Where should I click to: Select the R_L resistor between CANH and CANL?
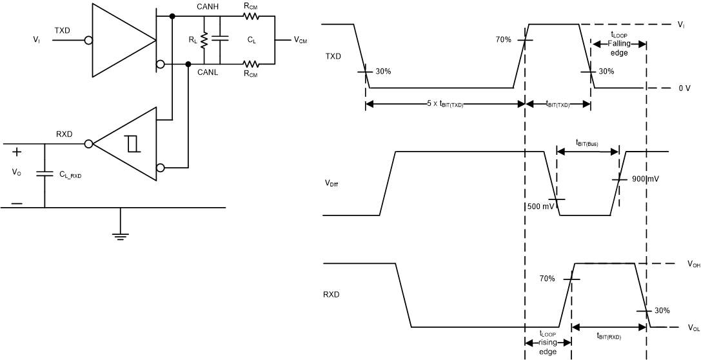pos(204,40)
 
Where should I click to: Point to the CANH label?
pos(208,6)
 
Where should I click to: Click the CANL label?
pos(208,72)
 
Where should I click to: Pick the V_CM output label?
pos(301,40)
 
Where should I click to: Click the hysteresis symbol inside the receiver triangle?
pos(133,144)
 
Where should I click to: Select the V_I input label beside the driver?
pos(37,40)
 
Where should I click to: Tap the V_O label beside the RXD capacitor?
pos(16,173)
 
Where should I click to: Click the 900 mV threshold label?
pos(642,179)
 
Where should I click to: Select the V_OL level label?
pos(694,328)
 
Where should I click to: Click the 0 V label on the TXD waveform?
pos(684,88)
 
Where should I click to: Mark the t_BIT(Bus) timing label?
pos(587,145)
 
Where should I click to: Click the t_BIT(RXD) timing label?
pos(609,335)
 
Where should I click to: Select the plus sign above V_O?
pos(17,152)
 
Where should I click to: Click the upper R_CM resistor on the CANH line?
pos(250,15)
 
